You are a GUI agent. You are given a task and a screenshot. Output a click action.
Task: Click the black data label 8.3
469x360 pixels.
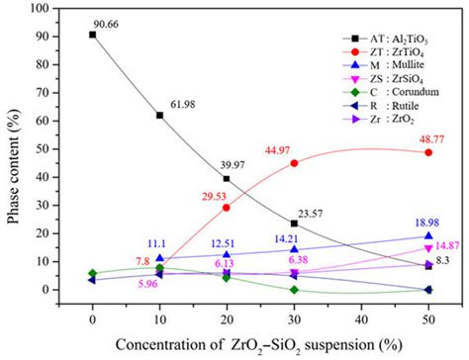click(x=443, y=260)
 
